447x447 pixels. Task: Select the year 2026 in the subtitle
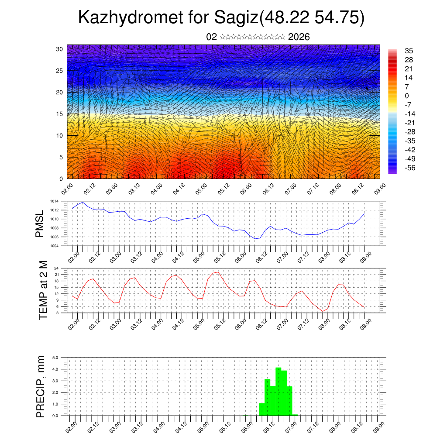(x=299, y=37)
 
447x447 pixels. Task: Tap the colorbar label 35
(x=409, y=51)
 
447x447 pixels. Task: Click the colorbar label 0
(x=407, y=96)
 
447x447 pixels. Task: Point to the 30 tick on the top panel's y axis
(x=59, y=49)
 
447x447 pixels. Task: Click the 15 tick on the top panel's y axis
(x=59, y=114)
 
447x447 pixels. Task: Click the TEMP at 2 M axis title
(x=43, y=290)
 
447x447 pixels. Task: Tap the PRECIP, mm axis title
(x=41, y=386)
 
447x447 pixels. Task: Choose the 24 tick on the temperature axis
(x=57, y=268)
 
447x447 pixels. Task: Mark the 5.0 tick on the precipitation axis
(x=56, y=358)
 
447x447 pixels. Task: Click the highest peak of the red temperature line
(x=218, y=272)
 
